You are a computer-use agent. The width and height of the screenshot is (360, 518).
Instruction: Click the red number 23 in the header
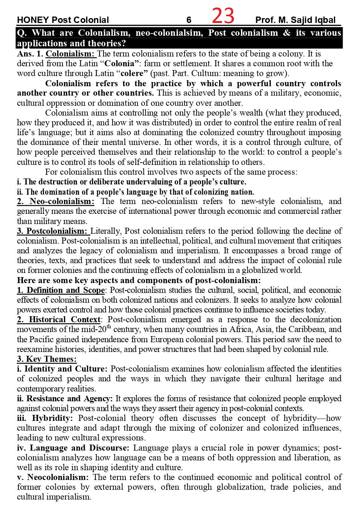223,16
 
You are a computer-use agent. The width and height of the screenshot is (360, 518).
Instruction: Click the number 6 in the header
189,20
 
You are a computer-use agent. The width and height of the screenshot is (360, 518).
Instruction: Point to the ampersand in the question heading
287,33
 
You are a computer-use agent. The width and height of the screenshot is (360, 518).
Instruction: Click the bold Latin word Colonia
119,64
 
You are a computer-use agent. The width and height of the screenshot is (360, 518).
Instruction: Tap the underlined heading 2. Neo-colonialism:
56,201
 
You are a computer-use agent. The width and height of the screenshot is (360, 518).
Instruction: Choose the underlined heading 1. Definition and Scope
61,290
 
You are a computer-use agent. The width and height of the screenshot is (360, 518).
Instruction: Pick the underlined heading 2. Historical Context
59,320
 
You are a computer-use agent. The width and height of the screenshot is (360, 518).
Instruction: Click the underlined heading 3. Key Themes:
47,359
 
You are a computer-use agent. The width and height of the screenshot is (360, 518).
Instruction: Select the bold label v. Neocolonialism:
53,477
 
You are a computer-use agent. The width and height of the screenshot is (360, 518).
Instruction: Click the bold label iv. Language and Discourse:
73,448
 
